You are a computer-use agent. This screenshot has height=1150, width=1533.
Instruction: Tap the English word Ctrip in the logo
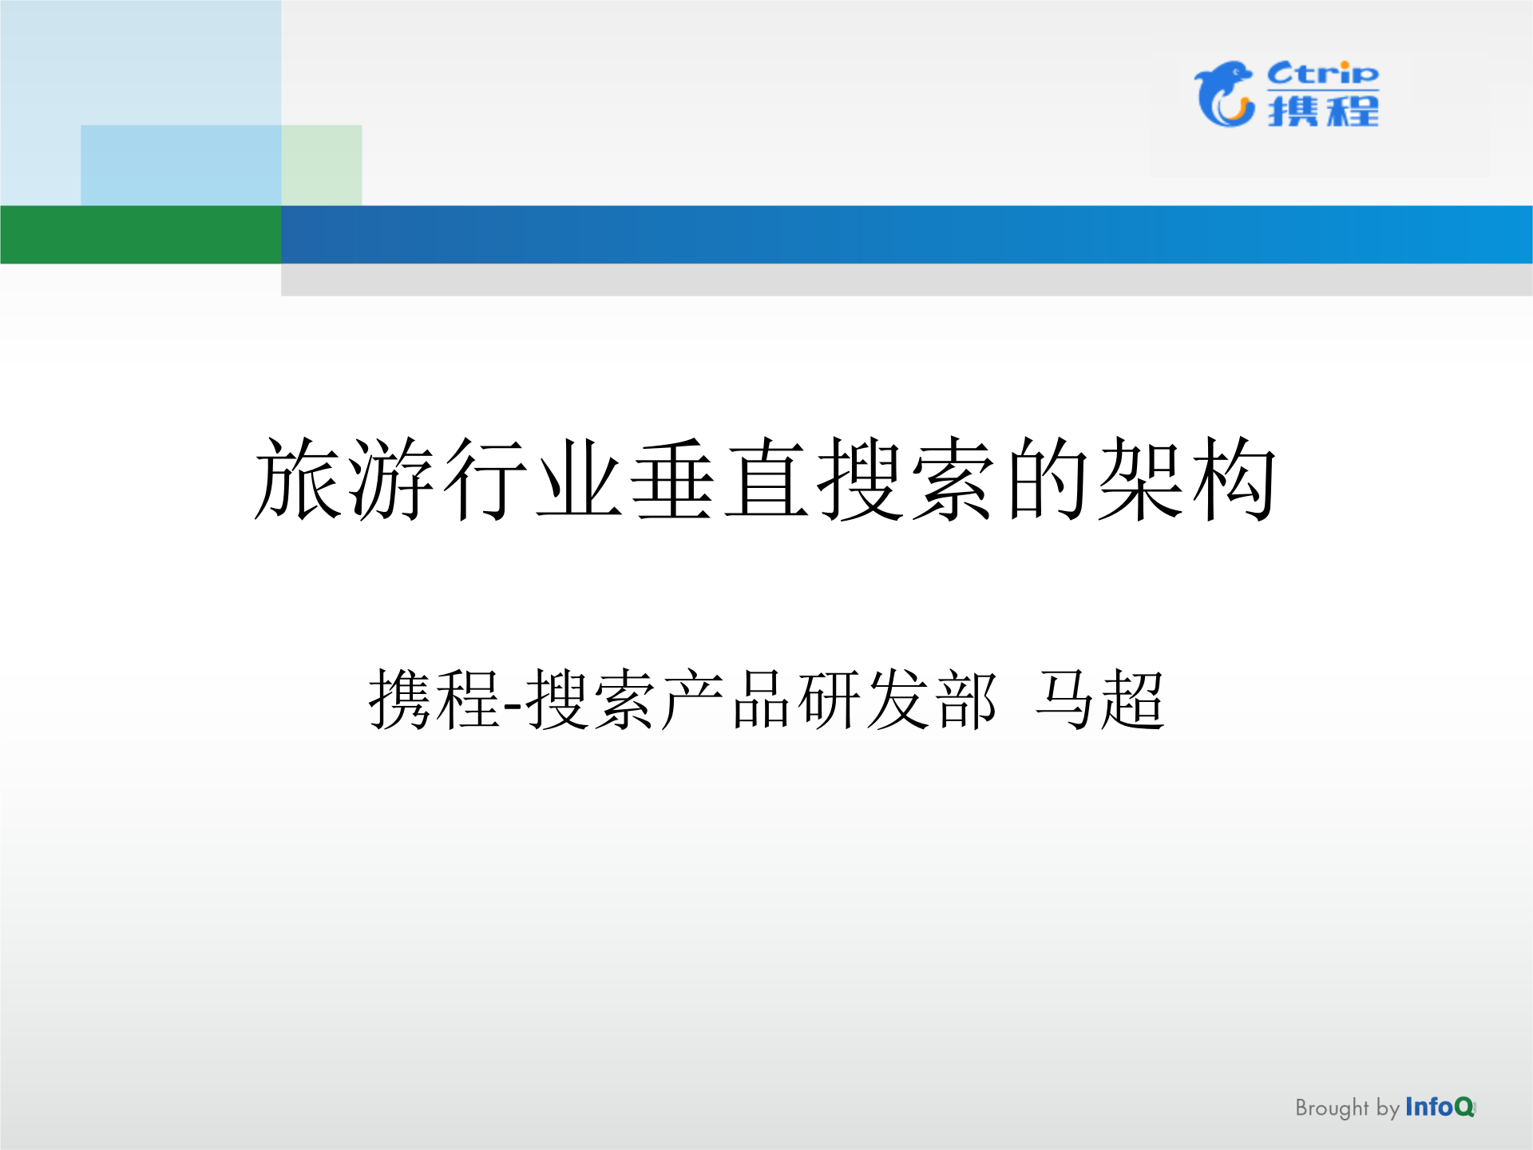tap(1322, 73)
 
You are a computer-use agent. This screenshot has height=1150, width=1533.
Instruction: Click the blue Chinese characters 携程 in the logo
tap(1323, 111)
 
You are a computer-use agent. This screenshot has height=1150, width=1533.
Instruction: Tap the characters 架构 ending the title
tap(1187, 479)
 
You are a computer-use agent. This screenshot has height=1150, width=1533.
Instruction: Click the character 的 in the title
tap(1048, 479)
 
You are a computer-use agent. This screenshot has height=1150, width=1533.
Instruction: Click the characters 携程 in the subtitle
tap(434, 700)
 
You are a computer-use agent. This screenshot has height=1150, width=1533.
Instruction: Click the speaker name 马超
tap(1100, 700)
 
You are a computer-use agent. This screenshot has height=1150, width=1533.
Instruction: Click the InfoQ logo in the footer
tap(1440, 1107)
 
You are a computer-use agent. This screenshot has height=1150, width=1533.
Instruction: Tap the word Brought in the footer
tap(1331, 1108)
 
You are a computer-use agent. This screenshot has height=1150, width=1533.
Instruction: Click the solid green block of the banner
tap(141, 235)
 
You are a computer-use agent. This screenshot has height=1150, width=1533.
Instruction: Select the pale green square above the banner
tap(322, 165)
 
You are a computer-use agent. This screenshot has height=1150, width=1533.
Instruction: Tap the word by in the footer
tap(1388, 1109)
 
